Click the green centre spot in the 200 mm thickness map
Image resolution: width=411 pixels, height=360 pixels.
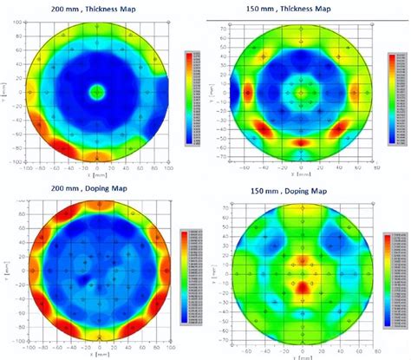pyautogui.click(x=97, y=90)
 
